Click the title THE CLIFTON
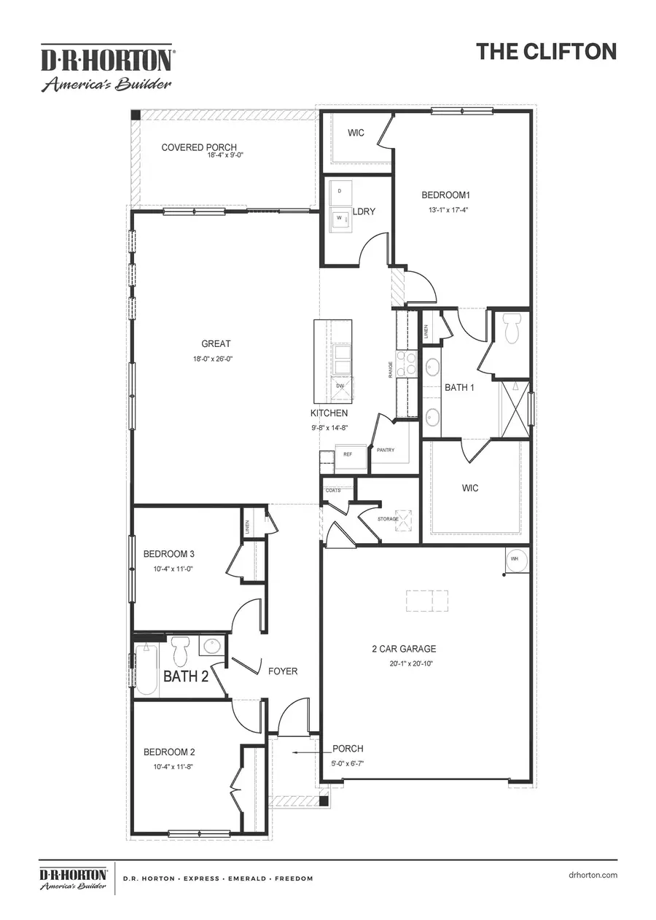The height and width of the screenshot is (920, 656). pyautogui.click(x=546, y=51)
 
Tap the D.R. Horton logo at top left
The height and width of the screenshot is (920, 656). pyautogui.click(x=106, y=68)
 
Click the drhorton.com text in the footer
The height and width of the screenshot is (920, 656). pyautogui.click(x=591, y=875)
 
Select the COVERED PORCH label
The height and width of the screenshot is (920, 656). pyautogui.click(x=199, y=147)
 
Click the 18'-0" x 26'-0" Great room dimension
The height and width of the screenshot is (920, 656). pyautogui.click(x=216, y=358)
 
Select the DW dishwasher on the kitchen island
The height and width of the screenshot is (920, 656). pyautogui.click(x=340, y=386)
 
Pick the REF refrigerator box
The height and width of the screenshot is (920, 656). pyautogui.click(x=348, y=453)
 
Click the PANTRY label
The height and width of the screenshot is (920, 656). pyautogui.click(x=386, y=450)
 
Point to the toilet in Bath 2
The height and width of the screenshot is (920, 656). pyautogui.click(x=180, y=648)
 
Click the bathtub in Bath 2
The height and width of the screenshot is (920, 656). pyautogui.click(x=146, y=669)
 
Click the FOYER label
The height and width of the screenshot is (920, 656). pyautogui.click(x=283, y=671)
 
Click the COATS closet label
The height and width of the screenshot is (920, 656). pyautogui.click(x=333, y=491)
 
